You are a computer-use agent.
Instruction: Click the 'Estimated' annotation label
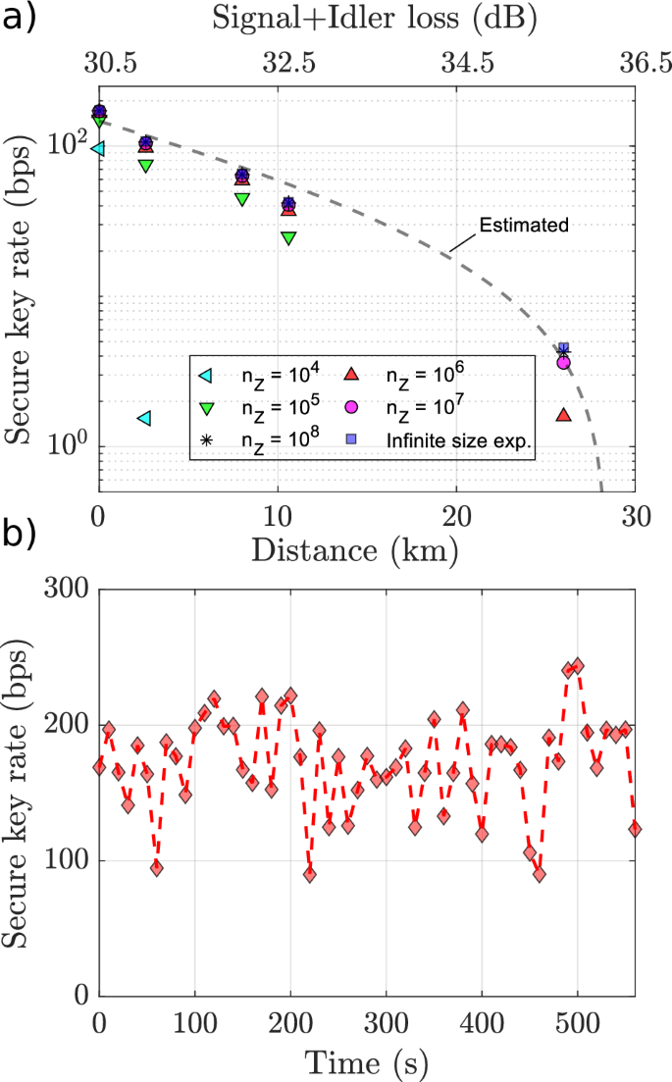(x=524, y=225)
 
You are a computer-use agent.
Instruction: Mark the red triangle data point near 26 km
(x=563, y=415)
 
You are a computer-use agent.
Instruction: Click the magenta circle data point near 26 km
(x=563, y=362)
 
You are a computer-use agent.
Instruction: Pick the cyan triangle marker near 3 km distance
(x=144, y=418)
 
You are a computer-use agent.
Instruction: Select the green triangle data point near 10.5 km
(x=287, y=237)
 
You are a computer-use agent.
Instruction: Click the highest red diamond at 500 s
(x=577, y=666)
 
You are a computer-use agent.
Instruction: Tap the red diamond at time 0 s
(x=98, y=767)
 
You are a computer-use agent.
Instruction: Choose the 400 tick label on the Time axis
(x=481, y=1022)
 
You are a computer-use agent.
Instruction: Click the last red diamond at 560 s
(x=635, y=829)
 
